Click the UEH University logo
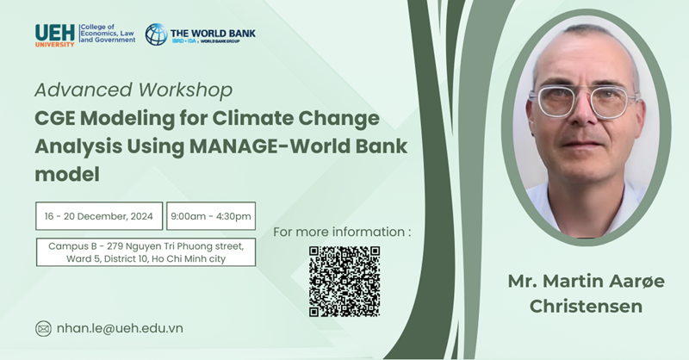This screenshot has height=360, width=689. tap(55, 35)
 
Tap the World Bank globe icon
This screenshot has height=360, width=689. tap(157, 34)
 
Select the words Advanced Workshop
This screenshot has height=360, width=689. tap(133, 90)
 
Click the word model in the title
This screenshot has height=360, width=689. tap(67, 175)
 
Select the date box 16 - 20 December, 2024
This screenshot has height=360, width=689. tap(99, 216)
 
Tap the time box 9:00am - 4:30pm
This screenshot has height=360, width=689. tap(211, 216)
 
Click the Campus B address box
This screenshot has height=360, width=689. tap(146, 252)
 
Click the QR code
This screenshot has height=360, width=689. tap(344, 282)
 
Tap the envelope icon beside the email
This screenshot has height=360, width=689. tap(43, 329)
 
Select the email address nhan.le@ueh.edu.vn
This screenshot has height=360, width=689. tap(120, 329)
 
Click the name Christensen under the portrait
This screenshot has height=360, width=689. tap(586, 307)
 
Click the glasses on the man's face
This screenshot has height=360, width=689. tap(585, 101)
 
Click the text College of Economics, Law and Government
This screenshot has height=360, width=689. tap(108, 34)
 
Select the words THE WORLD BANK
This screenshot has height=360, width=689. tap(213, 34)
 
